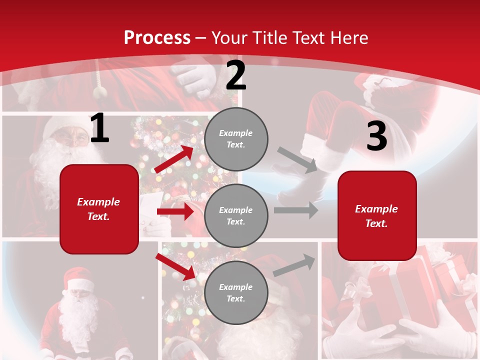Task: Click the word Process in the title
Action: [157, 37]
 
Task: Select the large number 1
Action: [99, 128]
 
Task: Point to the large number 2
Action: [236, 76]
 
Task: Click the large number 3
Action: [376, 136]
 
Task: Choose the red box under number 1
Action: [99, 209]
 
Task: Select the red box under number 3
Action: [377, 215]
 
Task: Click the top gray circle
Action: [236, 138]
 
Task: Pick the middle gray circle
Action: [236, 215]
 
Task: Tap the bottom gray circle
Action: [236, 292]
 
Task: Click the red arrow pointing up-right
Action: [174, 159]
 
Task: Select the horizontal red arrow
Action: [175, 211]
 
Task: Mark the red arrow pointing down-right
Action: [175, 266]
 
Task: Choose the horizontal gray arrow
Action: [295, 210]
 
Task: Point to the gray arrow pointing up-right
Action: [294, 265]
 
